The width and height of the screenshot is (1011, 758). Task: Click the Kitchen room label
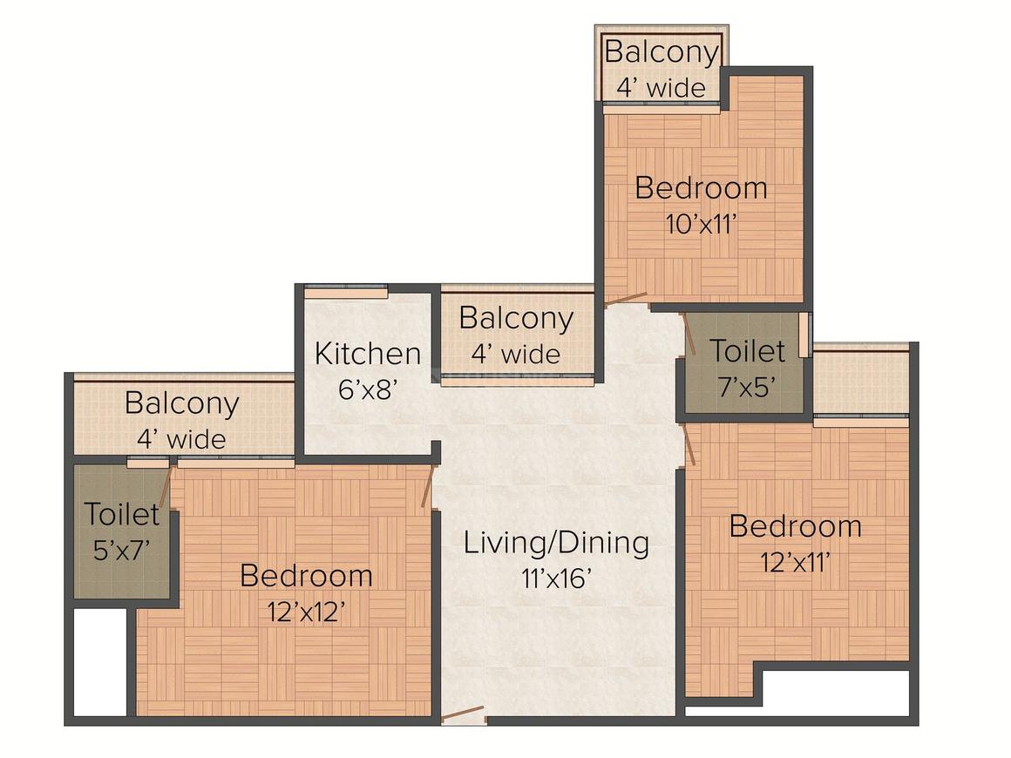coord(368,354)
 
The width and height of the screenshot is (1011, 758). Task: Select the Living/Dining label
coord(556,544)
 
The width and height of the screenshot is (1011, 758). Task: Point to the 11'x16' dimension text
coord(556,579)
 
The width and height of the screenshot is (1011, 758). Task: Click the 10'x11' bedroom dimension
coord(701,224)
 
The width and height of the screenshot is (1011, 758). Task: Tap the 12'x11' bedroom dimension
coord(795,563)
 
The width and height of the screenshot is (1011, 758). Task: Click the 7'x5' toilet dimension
coord(747,387)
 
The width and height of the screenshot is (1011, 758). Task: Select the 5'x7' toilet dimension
coord(122,550)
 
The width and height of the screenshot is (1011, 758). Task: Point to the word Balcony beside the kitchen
coord(516,319)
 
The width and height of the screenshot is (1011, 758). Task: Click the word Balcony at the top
coord(662,52)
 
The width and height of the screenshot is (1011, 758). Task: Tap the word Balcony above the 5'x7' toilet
coord(182,404)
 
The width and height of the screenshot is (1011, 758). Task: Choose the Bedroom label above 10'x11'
coord(701,188)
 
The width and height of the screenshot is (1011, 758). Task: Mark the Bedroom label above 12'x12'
coord(306,576)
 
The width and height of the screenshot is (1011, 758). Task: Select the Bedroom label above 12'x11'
coord(795,526)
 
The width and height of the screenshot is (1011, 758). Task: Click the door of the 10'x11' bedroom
coord(626,299)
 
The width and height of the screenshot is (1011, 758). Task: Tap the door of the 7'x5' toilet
coord(688,334)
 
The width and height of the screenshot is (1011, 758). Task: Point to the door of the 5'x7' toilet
coord(167,489)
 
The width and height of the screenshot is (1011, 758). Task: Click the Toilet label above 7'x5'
coord(747,351)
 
